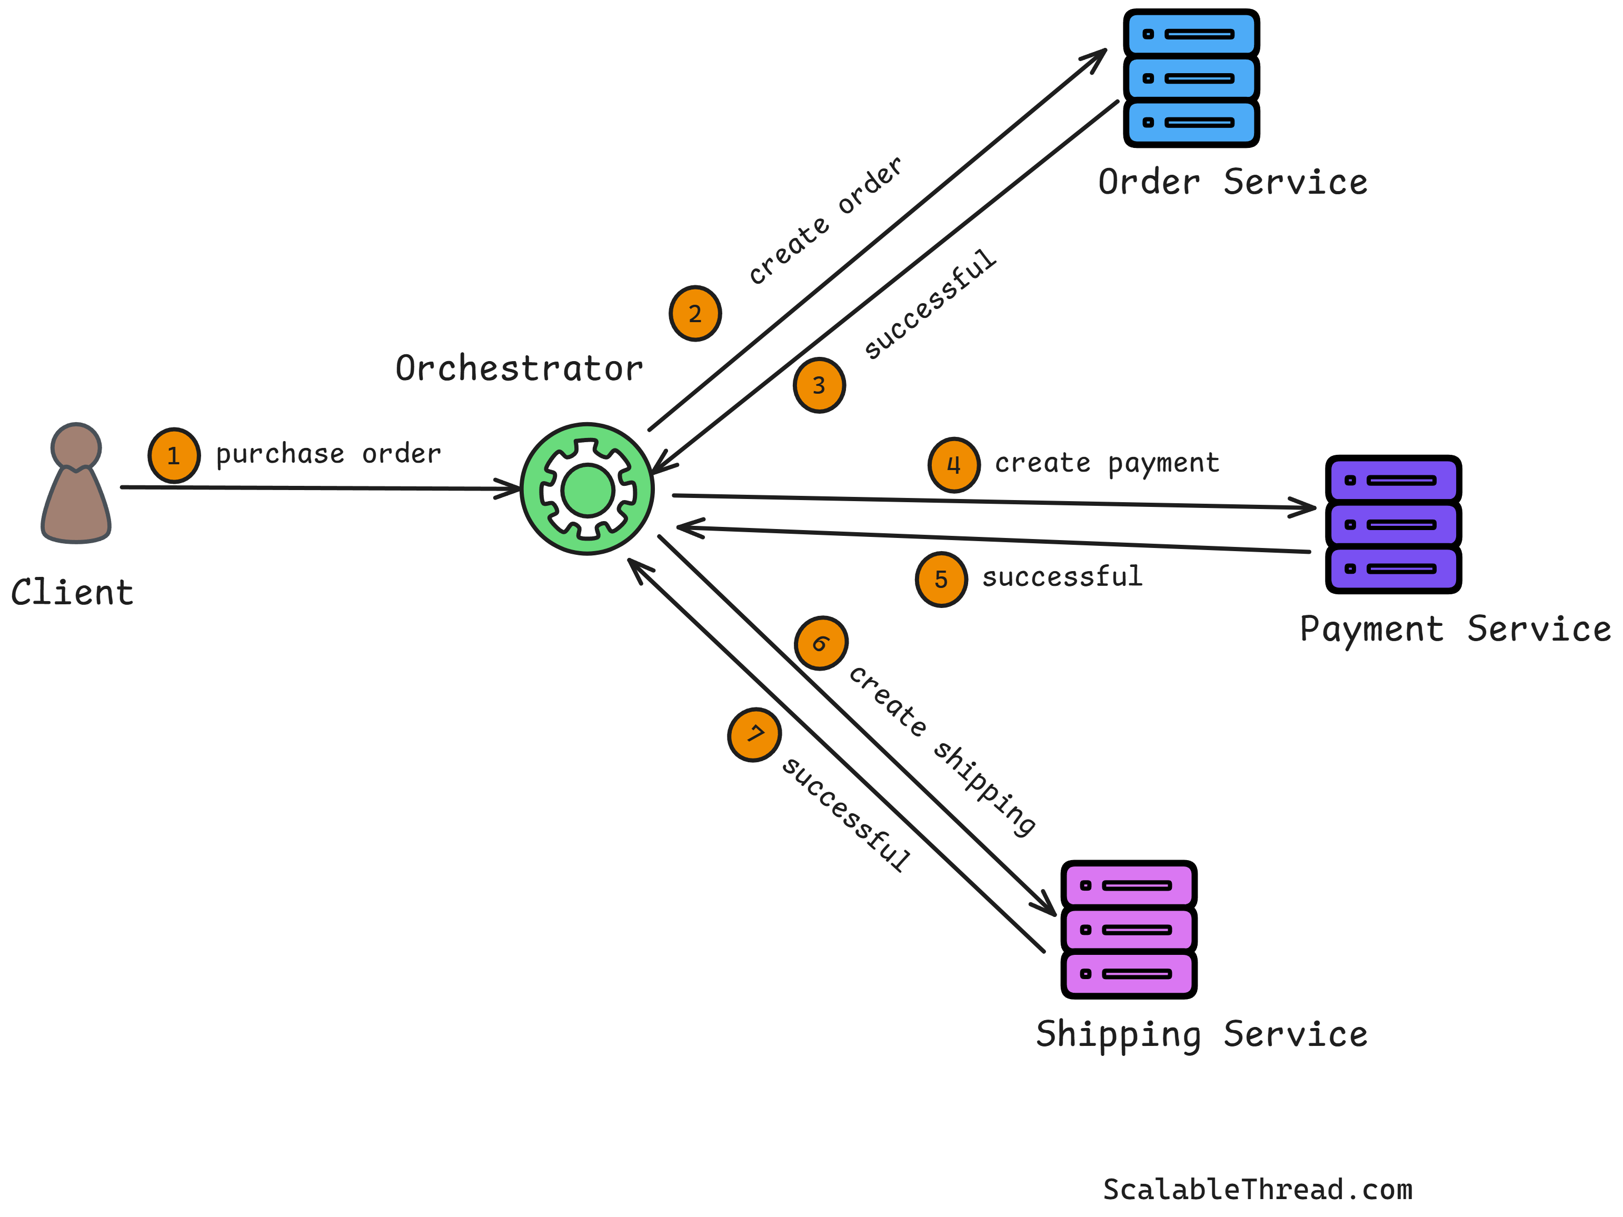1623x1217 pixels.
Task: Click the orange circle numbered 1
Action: (174, 455)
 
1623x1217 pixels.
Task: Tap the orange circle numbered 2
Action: (695, 313)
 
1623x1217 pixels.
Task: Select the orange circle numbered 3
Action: (819, 385)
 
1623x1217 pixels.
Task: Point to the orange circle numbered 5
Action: (941, 580)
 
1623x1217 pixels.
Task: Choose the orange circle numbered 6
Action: (821, 643)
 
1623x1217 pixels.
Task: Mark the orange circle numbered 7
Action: (754, 734)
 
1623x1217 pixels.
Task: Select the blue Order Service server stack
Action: (1191, 78)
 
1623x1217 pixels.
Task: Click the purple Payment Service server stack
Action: (1392, 524)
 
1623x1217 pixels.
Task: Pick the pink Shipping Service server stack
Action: (1129, 930)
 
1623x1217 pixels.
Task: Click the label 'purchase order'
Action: (328, 454)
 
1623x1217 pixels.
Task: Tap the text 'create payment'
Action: (1107, 463)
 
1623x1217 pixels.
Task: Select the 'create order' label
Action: (825, 220)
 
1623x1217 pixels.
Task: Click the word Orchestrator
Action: (519, 368)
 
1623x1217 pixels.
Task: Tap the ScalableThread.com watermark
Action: (1257, 1189)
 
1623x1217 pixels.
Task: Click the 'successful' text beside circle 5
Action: (1062, 576)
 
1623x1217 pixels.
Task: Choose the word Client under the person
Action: (72, 593)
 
